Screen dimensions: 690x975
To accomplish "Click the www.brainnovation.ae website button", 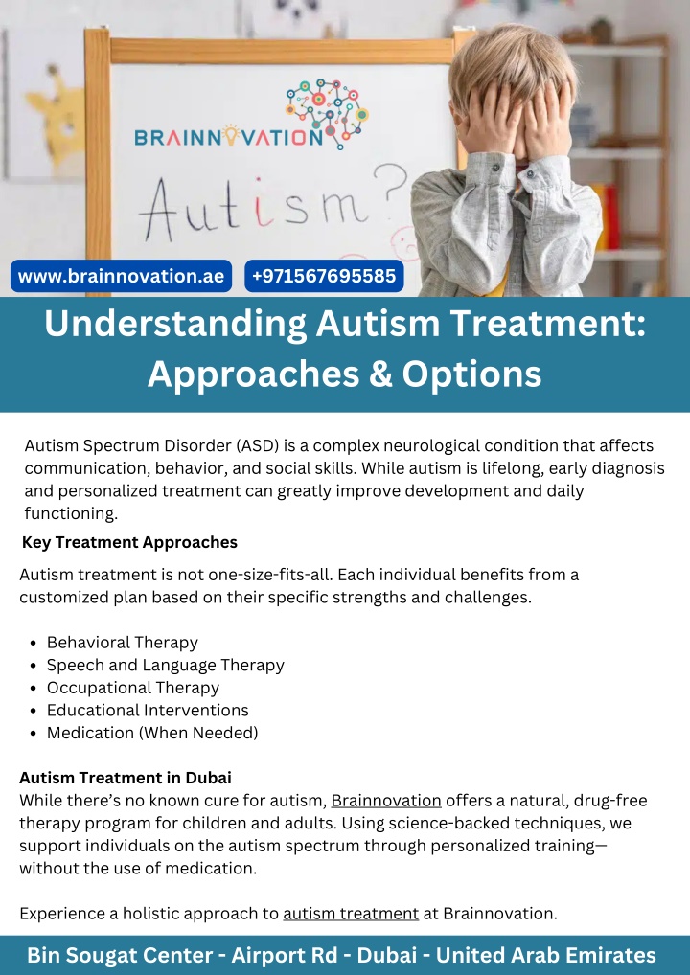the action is (x=122, y=276).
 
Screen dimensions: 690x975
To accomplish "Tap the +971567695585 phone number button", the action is (x=324, y=276).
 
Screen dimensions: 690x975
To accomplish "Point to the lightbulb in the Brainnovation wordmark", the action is (x=231, y=135).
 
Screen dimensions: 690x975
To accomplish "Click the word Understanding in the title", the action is (x=175, y=325).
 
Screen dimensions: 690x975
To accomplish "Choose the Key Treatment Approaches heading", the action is (x=129, y=542).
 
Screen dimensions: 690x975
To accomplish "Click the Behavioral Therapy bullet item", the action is (x=122, y=643).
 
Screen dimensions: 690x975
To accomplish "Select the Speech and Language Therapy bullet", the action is (x=166, y=665).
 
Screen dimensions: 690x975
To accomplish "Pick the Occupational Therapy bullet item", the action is (x=133, y=688).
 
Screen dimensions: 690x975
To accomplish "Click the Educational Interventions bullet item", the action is (x=148, y=710).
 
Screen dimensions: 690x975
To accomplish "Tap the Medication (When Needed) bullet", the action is (x=152, y=733).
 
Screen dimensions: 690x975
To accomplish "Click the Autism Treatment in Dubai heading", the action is (x=125, y=778).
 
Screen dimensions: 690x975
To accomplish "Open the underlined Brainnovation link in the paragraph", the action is (x=386, y=801).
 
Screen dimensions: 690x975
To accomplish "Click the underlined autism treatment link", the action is (x=351, y=914).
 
